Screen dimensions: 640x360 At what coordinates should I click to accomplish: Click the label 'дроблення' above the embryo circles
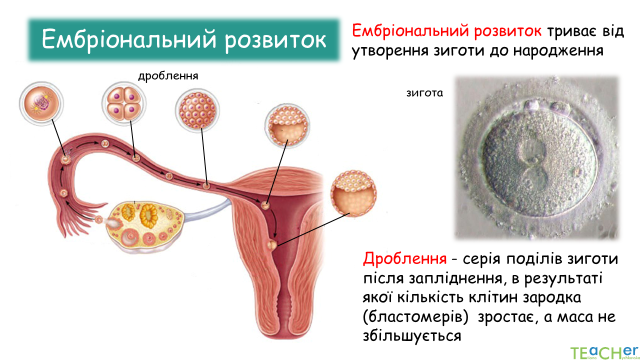pos(168,76)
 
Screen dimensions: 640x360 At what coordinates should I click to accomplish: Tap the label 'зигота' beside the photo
pos(424,93)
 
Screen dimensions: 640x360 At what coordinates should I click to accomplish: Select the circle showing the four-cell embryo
pos(124,104)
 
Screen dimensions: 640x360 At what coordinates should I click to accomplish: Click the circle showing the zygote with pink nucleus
pos(41,103)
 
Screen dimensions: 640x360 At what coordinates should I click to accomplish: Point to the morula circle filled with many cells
pos(197,110)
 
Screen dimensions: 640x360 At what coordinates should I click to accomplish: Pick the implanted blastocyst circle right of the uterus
pos(353,193)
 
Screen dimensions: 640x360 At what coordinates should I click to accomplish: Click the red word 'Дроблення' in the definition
pos(404,258)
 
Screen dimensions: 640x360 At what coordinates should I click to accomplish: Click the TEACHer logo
pos(603,351)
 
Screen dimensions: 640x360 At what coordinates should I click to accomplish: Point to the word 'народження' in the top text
pos(558,51)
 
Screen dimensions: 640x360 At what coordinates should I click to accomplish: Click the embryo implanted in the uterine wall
pos(272,245)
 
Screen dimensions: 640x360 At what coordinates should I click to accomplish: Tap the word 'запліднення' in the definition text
pos(453,278)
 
